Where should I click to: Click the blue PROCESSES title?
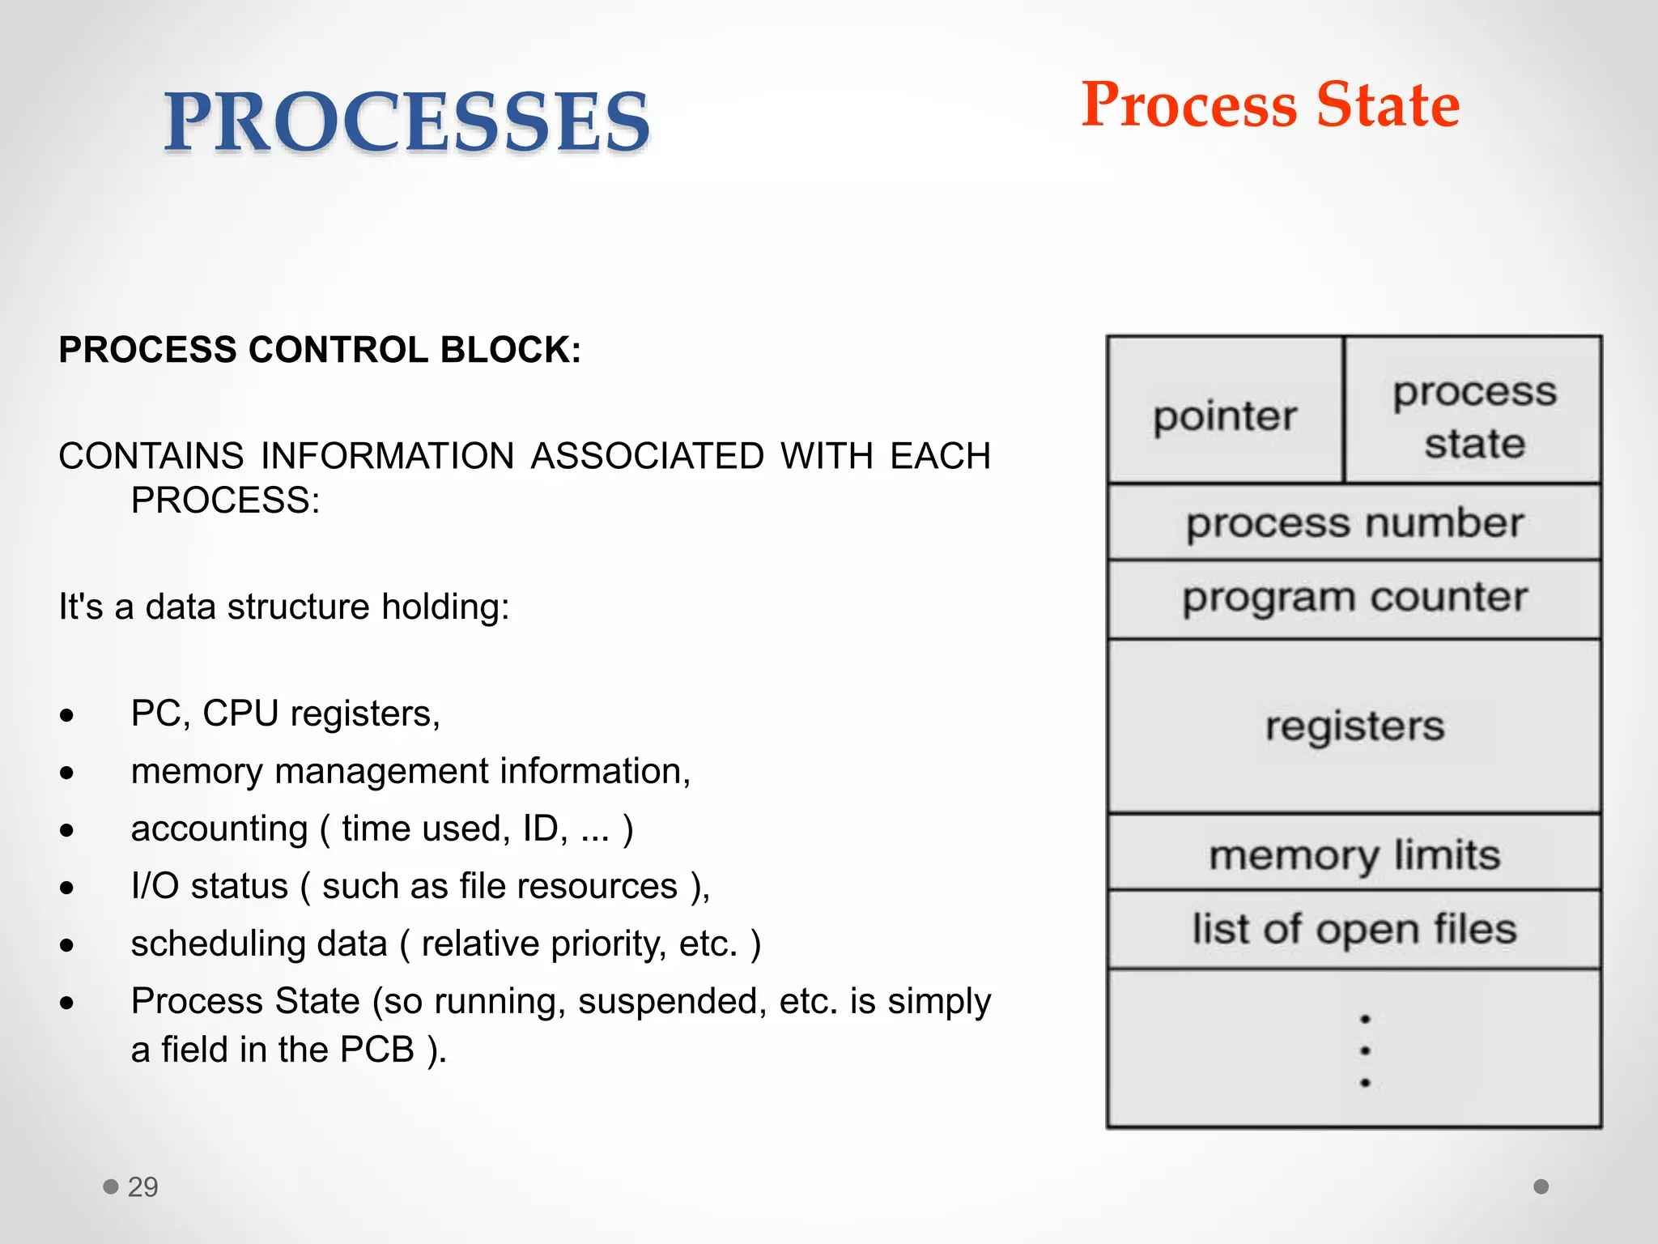click(406, 121)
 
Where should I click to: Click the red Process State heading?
click(1270, 105)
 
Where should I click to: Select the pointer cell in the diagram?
click(1225, 416)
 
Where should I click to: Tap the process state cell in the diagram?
click(1473, 416)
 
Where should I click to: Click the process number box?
click(1354, 522)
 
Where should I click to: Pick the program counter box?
click(1354, 598)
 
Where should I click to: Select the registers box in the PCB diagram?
click(1354, 726)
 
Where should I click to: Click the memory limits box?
click(1354, 854)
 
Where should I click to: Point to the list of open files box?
click(1354, 928)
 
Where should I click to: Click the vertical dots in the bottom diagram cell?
click(1365, 1050)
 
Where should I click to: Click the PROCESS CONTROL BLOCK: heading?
click(320, 350)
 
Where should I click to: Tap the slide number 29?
click(142, 1186)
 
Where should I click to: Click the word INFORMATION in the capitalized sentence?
click(388, 456)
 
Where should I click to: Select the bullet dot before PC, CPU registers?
click(66, 715)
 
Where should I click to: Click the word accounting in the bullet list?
click(219, 829)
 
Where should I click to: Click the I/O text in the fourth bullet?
click(155, 886)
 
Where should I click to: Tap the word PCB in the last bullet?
click(376, 1050)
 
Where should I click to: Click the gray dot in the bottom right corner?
click(1541, 1186)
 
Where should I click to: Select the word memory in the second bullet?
click(197, 772)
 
